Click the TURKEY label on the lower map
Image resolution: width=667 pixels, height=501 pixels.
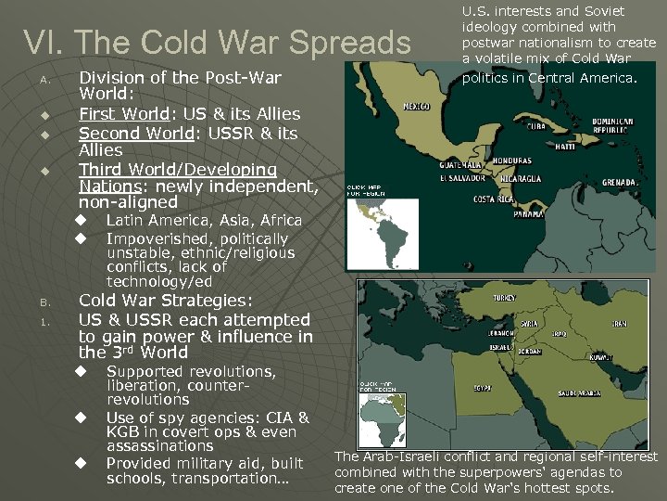504,299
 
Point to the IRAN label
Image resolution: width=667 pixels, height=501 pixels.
618,324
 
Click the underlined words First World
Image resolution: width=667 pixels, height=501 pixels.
122,114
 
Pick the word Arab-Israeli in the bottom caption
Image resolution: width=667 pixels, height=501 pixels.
409,456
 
